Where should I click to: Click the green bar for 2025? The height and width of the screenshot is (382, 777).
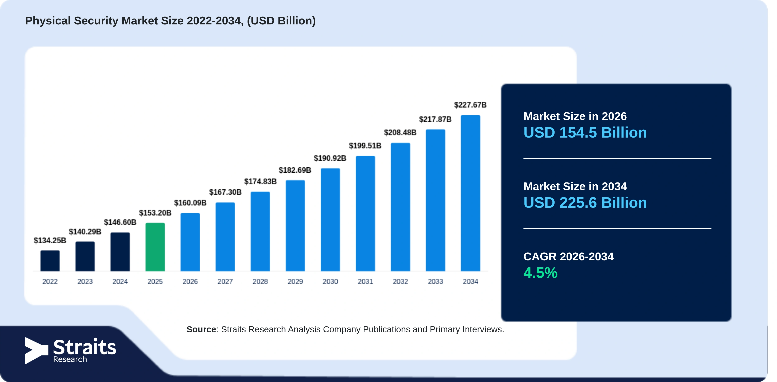point(155,247)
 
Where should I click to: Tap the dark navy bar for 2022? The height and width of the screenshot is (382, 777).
point(50,261)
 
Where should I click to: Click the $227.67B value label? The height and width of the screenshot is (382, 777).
point(470,105)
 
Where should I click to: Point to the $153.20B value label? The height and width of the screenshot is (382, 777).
point(155,213)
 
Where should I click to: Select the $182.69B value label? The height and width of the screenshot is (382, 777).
point(295,170)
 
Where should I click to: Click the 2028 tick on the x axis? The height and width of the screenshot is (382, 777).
point(260,282)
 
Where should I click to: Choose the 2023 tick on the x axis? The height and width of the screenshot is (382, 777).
point(85,282)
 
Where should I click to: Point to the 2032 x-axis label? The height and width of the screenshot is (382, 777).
point(400,282)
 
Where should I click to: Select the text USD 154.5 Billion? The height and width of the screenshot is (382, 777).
point(585,133)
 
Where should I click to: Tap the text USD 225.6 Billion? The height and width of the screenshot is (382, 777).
point(585,203)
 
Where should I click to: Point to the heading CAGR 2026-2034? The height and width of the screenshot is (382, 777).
point(568,257)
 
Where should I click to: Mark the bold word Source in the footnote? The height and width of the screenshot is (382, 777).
point(201,329)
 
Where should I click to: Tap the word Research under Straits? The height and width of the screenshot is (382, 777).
point(70,359)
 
